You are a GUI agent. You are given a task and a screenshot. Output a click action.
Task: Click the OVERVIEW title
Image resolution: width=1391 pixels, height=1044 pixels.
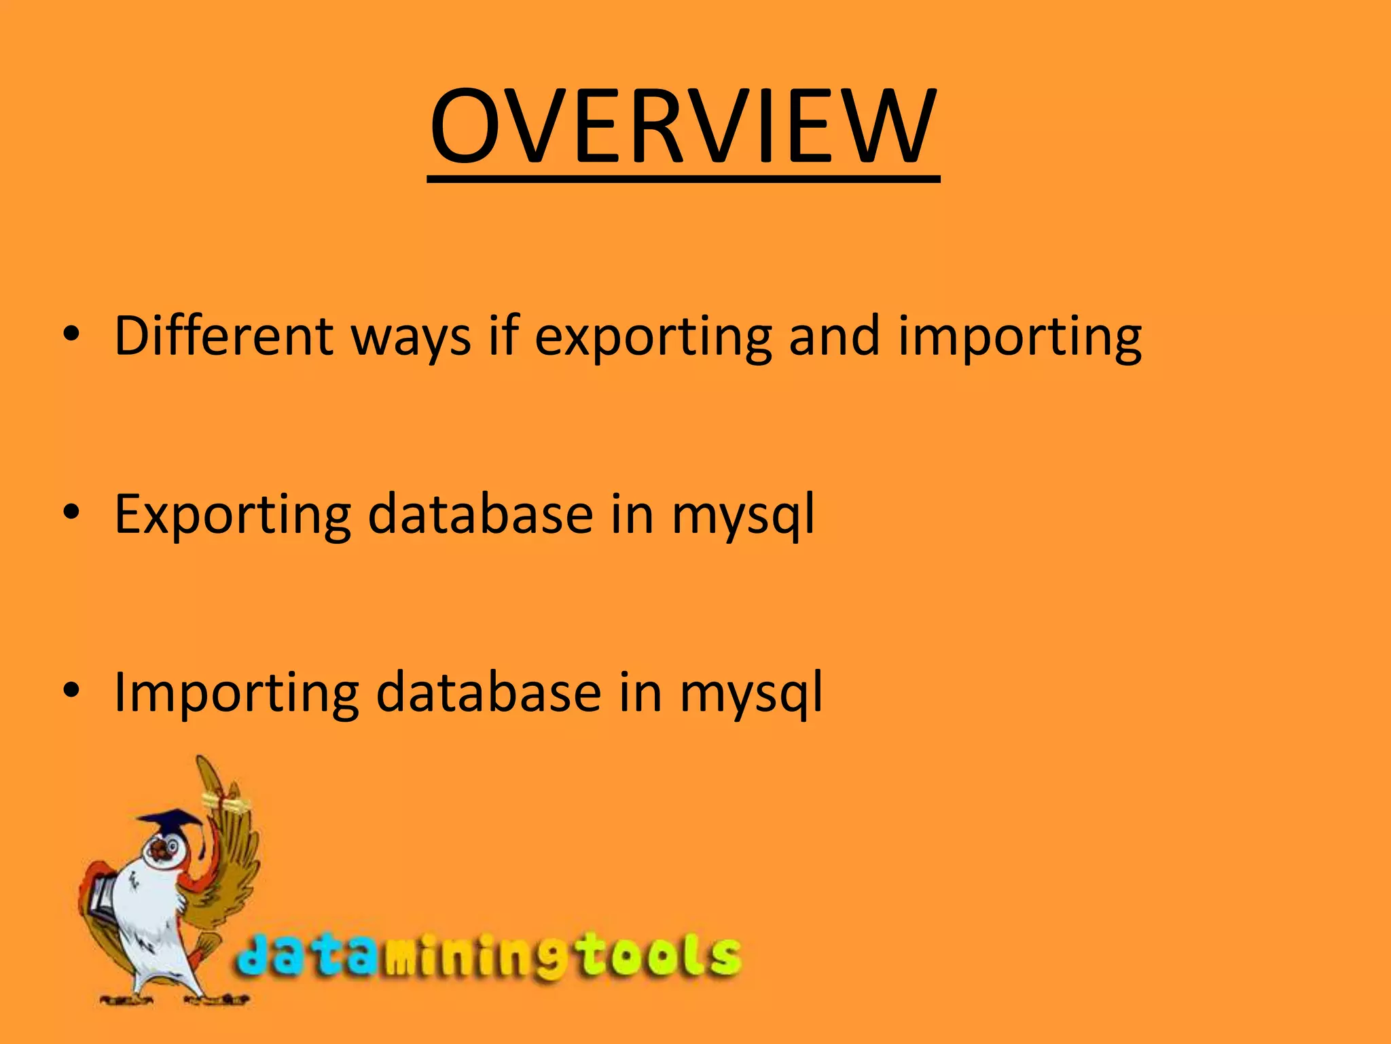tap(684, 127)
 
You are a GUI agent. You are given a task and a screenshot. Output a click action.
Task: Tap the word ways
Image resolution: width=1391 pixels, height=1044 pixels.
tap(411, 338)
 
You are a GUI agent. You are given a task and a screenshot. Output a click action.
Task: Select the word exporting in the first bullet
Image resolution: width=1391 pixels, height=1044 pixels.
tap(653, 338)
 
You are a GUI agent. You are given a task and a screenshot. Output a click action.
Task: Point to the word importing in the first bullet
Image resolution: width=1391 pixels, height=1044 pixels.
tap(1019, 338)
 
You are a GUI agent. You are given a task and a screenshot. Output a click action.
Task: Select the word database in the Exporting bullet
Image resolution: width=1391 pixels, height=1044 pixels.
tap(480, 514)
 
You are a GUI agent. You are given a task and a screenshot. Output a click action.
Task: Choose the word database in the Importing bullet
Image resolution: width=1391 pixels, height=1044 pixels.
tap(488, 692)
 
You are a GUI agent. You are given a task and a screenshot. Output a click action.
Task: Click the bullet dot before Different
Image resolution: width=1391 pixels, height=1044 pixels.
tap(71, 334)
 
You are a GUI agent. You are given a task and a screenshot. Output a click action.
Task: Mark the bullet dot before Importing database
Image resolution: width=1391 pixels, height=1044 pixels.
tap(71, 691)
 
